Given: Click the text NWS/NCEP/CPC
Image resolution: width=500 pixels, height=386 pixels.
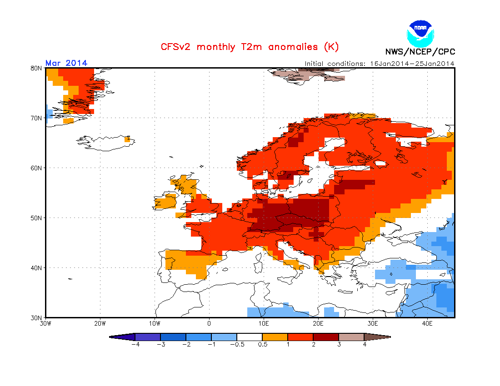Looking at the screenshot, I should [x=420, y=52].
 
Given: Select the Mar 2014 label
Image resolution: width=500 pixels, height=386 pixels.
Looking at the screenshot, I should [x=66, y=63].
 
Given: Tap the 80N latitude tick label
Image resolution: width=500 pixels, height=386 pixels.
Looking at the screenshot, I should [x=36, y=68].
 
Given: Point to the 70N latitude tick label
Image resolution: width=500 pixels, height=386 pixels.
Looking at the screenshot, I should [x=36, y=118].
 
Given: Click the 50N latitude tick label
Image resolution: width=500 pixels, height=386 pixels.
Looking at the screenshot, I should [x=36, y=218].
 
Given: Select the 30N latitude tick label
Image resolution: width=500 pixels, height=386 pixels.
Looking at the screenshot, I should [x=36, y=317].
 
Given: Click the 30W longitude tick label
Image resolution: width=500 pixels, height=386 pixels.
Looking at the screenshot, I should [x=45, y=324].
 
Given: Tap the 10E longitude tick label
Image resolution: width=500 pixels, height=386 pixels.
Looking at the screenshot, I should [x=264, y=324].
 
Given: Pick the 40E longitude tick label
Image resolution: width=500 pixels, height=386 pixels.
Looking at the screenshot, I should [x=427, y=324].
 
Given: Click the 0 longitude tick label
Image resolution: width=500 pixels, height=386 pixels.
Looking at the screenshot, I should [x=209, y=324].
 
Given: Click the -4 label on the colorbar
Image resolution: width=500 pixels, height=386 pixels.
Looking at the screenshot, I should [x=135, y=344].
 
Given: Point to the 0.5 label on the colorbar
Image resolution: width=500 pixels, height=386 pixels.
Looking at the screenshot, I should [x=262, y=344].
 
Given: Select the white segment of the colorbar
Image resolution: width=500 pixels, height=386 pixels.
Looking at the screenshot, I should [x=250, y=337].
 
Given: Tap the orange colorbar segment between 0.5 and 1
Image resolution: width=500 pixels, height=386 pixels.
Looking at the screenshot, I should [x=275, y=337].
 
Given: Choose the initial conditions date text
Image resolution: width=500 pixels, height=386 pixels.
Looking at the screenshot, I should [x=380, y=64].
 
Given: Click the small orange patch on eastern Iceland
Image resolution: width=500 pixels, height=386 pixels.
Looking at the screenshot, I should [x=127, y=139].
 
